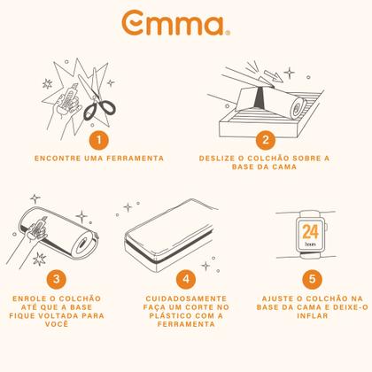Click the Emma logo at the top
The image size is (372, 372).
[x=176, y=23]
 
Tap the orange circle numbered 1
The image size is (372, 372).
[x=99, y=139]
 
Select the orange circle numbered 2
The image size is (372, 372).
[x=265, y=139]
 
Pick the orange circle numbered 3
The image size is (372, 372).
[x=57, y=279]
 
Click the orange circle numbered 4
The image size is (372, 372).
[x=186, y=279]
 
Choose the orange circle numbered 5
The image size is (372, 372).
[x=312, y=279]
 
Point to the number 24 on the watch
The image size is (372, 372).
[x=310, y=232]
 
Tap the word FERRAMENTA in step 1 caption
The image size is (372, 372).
[x=135, y=159]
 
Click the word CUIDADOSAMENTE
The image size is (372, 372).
[x=186, y=298]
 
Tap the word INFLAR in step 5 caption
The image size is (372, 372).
[x=313, y=315]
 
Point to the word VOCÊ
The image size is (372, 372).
[x=57, y=324]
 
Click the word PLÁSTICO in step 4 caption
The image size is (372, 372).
[x=169, y=315]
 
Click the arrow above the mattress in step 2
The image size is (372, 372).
[x=274, y=76]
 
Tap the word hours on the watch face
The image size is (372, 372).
[x=310, y=244]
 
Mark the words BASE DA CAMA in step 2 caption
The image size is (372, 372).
[x=264, y=167]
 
